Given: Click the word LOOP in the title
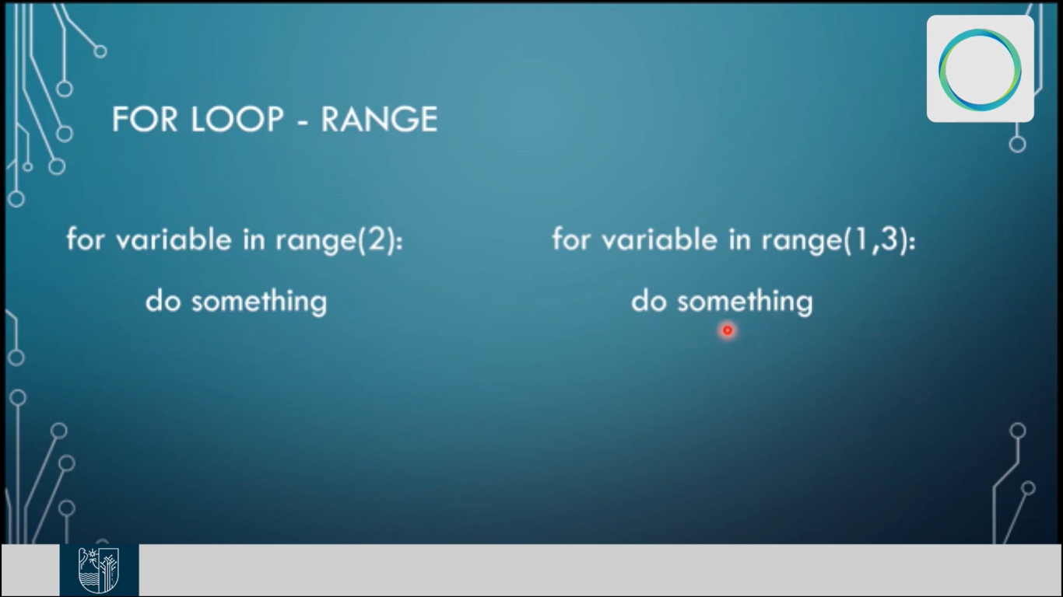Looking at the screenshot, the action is pos(237,119).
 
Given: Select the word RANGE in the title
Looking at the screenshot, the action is pos(379,119).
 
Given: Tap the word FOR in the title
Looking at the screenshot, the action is pos(145,119).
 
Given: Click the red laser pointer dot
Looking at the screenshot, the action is pos(728,330).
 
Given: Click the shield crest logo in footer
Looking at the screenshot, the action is pos(99,570).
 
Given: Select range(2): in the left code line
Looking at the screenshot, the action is pos(339,240).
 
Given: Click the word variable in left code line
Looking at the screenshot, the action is pos(174,239).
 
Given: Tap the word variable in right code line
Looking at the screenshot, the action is pos(660,239).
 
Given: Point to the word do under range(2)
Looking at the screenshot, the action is pos(163,301).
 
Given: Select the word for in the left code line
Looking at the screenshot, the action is pos(86,239).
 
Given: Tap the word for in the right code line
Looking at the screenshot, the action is pos(571,239).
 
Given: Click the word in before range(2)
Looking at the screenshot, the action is pos(254,239).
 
